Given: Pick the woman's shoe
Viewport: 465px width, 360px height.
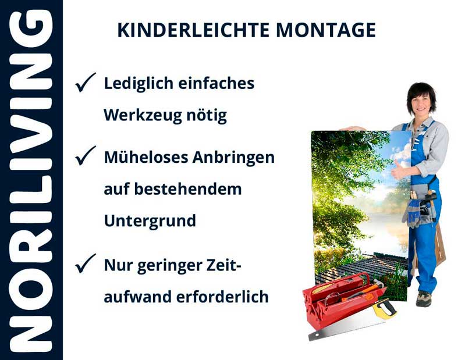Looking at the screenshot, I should click(x=424, y=298).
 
